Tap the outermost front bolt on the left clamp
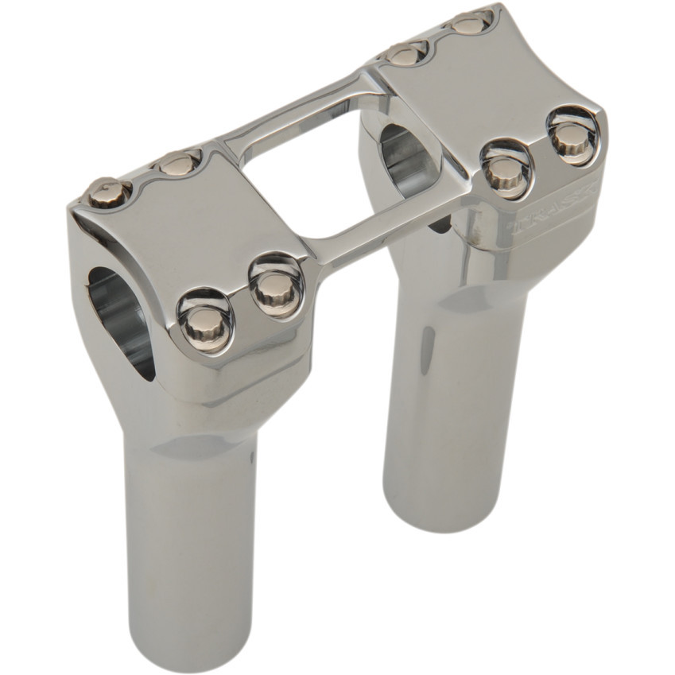[x=206, y=320]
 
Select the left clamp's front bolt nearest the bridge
[x=276, y=286]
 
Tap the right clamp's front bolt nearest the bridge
[x=504, y=168]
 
